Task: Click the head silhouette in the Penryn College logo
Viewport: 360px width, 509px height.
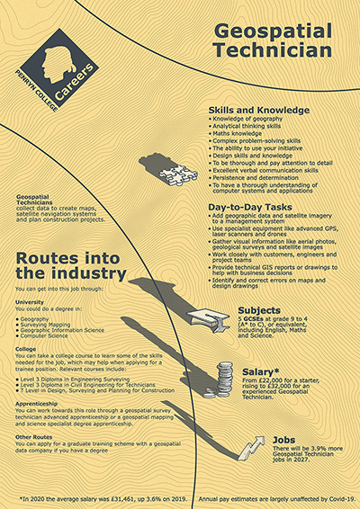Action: point(53,62)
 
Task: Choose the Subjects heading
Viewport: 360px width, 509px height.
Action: point(257,311)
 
